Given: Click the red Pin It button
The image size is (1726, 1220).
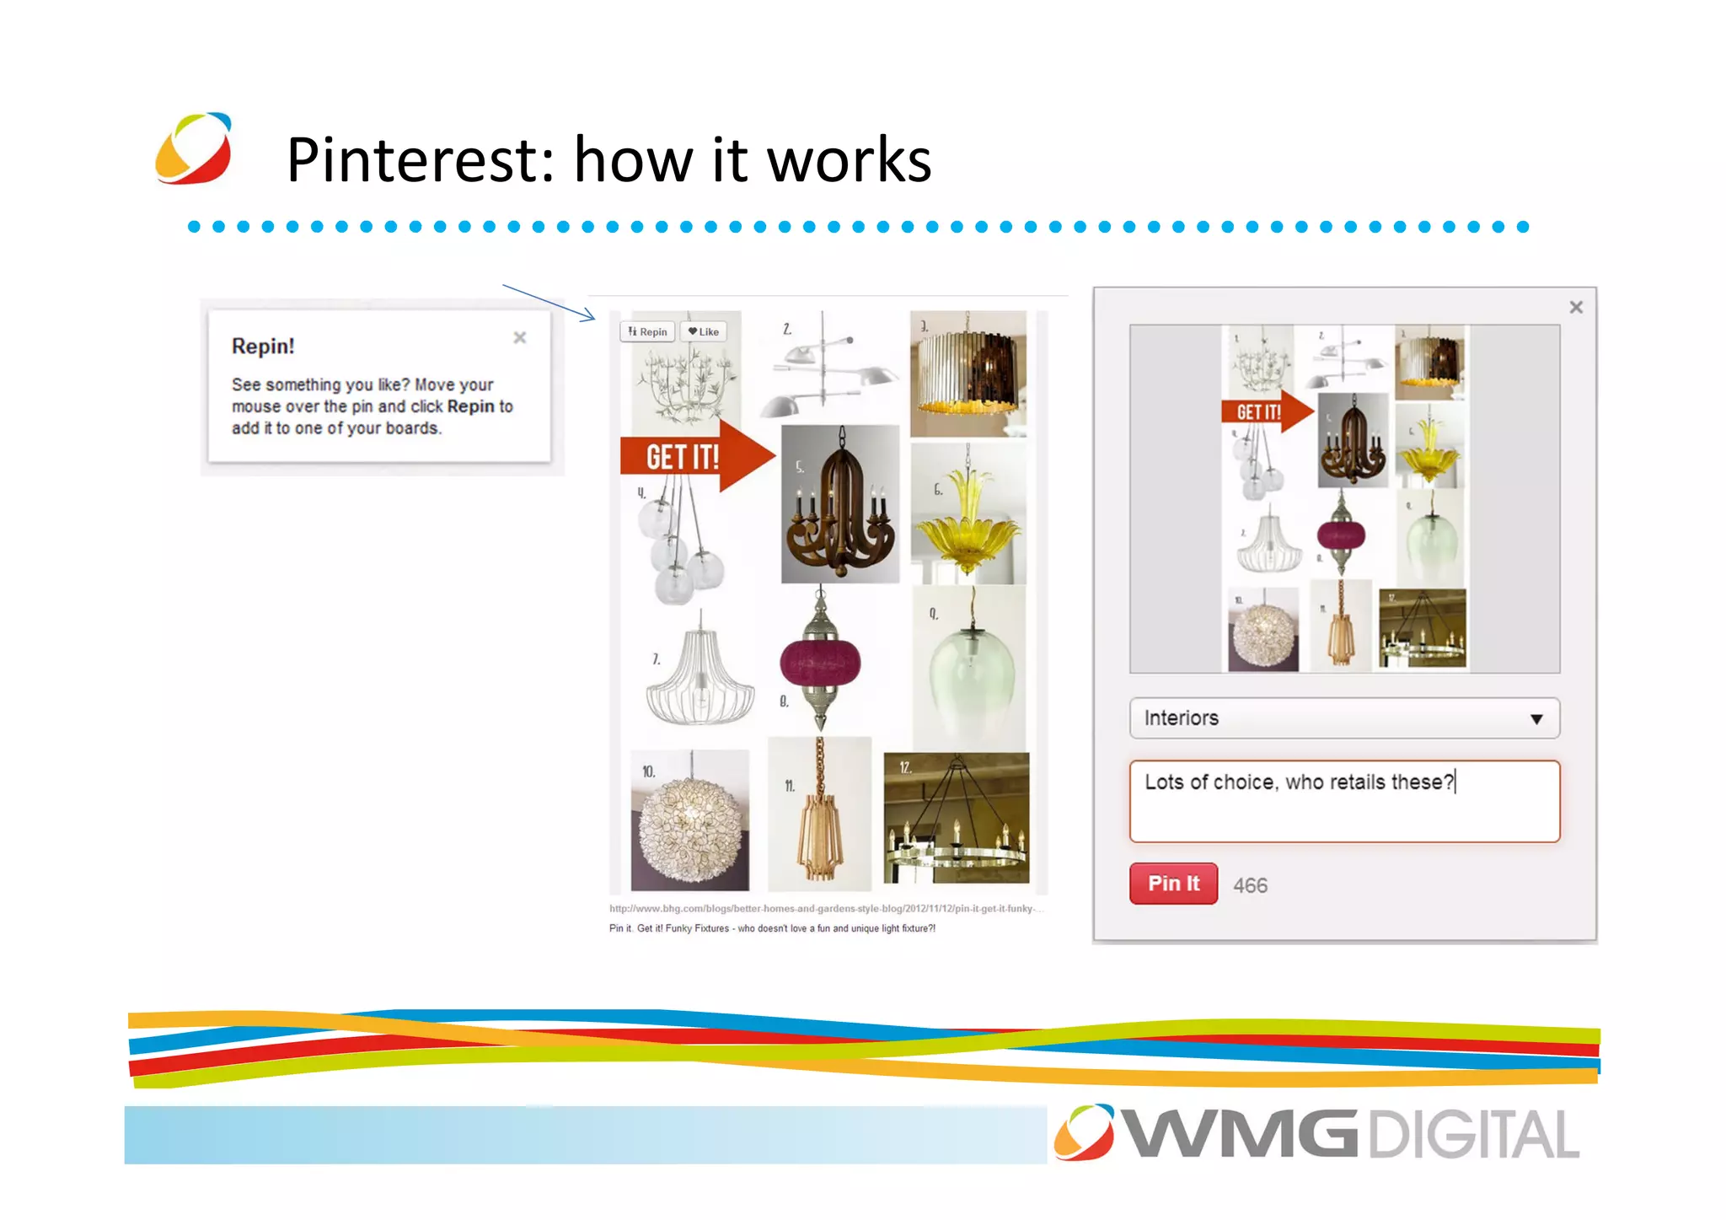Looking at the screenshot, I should (1173, 884).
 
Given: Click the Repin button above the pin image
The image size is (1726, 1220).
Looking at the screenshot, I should (647, 331).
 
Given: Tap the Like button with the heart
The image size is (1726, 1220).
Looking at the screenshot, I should (704, 331).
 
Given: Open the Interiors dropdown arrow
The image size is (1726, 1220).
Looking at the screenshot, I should (1536, 719).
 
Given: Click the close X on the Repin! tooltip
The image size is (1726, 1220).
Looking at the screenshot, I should (520, 337).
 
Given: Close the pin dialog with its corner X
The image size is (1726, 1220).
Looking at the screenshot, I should (1576, 308).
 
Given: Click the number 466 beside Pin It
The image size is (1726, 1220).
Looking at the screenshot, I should (1250, 885).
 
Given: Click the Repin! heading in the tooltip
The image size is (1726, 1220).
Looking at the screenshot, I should (263, 347).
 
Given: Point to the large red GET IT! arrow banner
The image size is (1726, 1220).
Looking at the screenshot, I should (695, 456).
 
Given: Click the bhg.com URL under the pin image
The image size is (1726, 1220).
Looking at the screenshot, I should (826, 909).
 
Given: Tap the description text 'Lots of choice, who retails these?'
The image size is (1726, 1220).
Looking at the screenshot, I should (1299, 782).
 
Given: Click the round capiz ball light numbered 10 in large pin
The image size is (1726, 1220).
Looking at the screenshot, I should (690, 826).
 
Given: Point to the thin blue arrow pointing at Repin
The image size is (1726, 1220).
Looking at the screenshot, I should (549, 303).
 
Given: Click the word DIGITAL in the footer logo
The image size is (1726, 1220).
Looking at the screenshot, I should (1474, 1135).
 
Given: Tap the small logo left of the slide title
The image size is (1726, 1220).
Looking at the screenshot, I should (194, 148).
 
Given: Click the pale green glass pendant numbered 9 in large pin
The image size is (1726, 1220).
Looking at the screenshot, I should (972, 670).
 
